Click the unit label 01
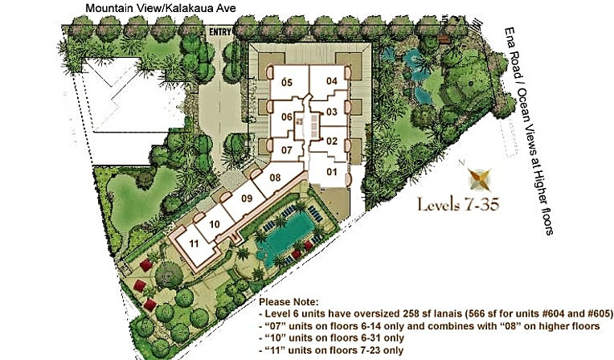tap(332, 172)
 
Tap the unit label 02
tap(332, 141)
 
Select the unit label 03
tap(332, 112)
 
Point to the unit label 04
tap(332, 81)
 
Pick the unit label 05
tap(287, 82)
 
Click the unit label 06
tap(287, 117)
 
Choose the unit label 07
tap(287, 149)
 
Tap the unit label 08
tap(276, 178)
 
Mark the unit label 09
tap(247, 198)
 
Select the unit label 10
tap(215, 224)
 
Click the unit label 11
tap(194, 243)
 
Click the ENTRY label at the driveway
tap(220, 32)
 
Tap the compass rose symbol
tap(480, 179)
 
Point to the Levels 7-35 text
tap(458, 204)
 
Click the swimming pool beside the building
tap(285, 237)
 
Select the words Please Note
tap(289, 302)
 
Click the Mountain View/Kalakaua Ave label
tap(161, 8)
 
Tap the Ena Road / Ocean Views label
tap(530, 131)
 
